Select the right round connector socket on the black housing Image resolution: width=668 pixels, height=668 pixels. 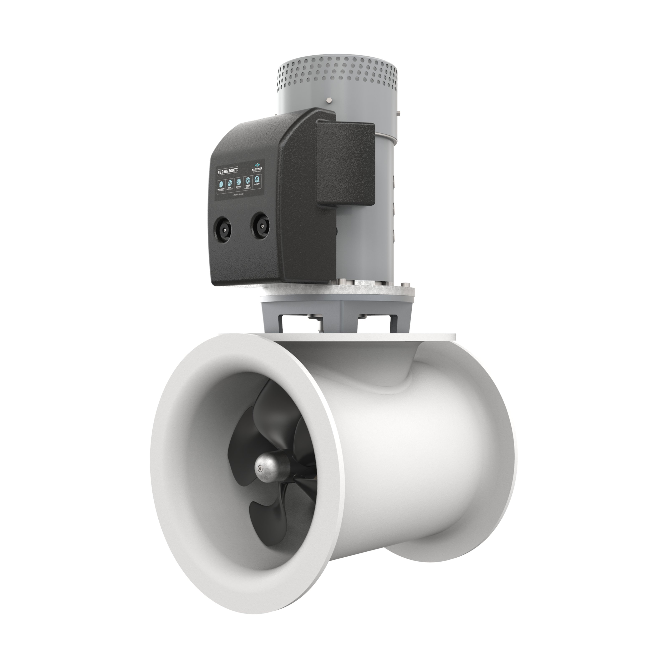[260, 225]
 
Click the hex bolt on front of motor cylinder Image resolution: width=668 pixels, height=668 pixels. [328, 101]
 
